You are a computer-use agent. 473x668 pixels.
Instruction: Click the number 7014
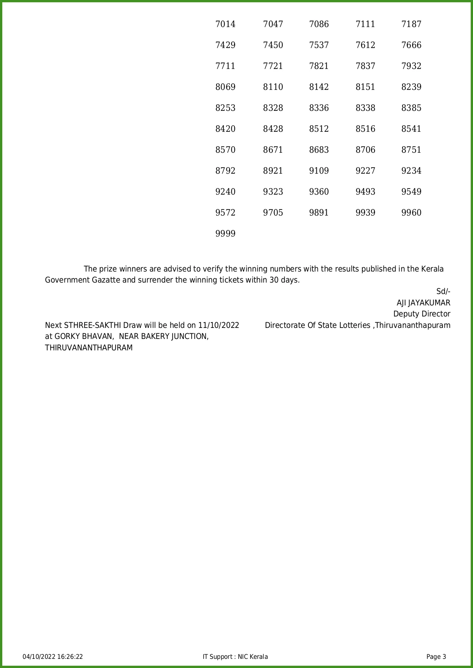pyautogui.click(x=225, y=24)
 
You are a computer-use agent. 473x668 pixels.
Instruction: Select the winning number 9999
pyautogui.click(x=225, y=234)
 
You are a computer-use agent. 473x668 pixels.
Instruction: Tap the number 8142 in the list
pyautogui.click(x=319, y=87)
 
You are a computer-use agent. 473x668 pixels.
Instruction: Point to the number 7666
pyautogui.click(x=411, y=45)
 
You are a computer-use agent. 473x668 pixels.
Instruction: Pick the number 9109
pyautogui.click(x=319, y=171)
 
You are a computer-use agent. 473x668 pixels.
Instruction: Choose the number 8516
pyautogui.click(x=365, y=129)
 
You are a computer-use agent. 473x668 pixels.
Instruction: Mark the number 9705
pyautogui.click(x=273, y=213)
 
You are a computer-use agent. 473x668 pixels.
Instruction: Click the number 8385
pyautogui.click(x=411, y=108)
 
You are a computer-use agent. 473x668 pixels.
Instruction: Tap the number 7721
pyautogui.click(x=273, y=66)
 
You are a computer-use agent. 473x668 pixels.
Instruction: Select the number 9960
pyautogui.click(x=411, y=213)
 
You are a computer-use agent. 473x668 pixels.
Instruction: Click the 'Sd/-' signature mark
pyautogui.click(x=443, y=292)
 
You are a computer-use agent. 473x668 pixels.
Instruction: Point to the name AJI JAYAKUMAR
pyautogui.click(x=423, y=303)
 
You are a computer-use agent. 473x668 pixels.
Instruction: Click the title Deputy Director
pyautogui.click(x=422, y=314)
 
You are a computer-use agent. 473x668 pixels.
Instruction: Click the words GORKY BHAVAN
pyautogui.click(x=84, y=337)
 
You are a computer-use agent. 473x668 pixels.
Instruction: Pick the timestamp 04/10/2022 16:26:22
pyautogui.click(x=53, y=657)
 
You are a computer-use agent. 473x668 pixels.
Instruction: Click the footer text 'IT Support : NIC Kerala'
pyautogui.click(x=235, y=657)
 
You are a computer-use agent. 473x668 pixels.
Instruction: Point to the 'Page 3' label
pyautogui.click(x=436, y=657)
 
